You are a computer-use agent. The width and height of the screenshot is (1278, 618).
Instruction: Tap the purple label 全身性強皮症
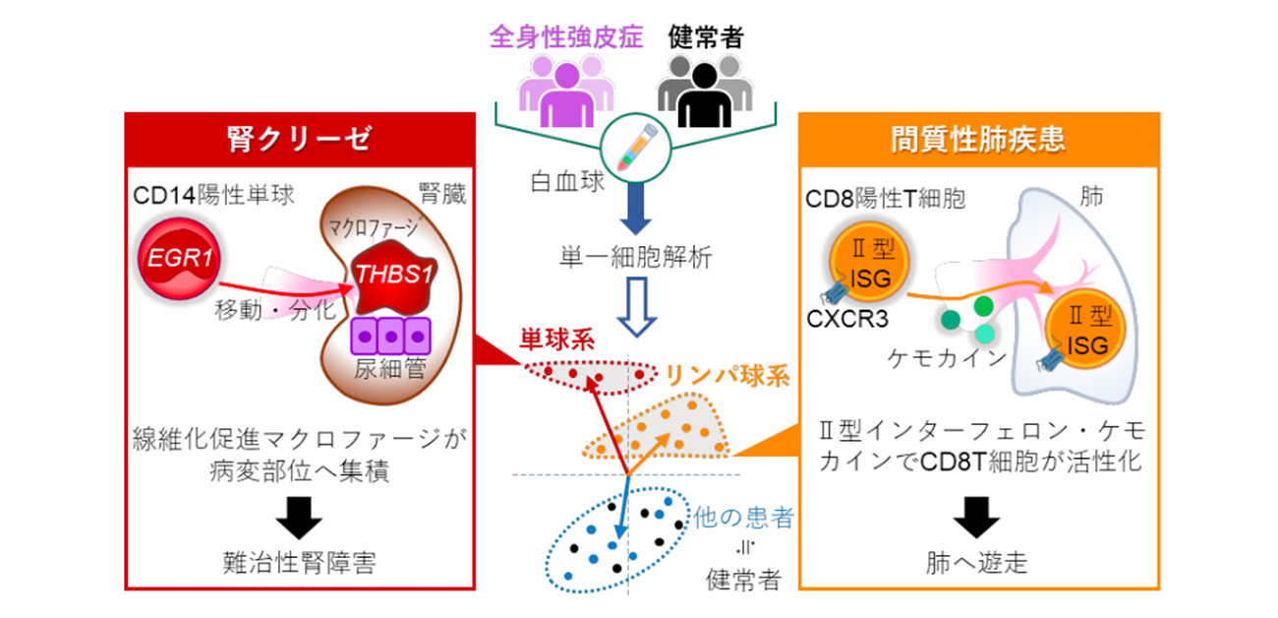[566, 38]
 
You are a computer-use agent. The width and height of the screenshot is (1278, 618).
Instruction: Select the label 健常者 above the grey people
[705, 38]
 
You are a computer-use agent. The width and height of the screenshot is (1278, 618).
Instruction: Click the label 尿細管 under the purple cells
[391, 370]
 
